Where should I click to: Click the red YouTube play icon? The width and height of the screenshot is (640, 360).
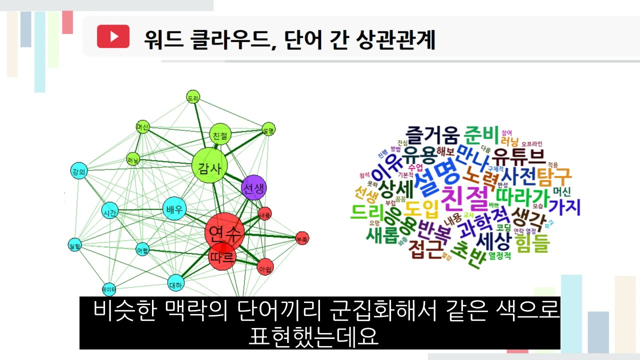point(113,36)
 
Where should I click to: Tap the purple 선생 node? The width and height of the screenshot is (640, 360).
point(254,188)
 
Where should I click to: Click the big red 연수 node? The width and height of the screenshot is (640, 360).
point(224,232)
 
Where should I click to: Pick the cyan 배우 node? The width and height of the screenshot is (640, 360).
point(173,209)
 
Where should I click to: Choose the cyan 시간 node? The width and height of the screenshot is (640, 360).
point(109,213)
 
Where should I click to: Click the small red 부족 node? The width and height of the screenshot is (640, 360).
point(302,238)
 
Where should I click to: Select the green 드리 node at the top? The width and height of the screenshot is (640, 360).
point(193,96)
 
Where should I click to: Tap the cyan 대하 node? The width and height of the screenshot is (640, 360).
point(176,283)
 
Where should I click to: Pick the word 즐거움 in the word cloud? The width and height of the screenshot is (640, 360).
point(432,134)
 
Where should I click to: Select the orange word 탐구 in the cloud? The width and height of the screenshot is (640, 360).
point(556,174)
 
